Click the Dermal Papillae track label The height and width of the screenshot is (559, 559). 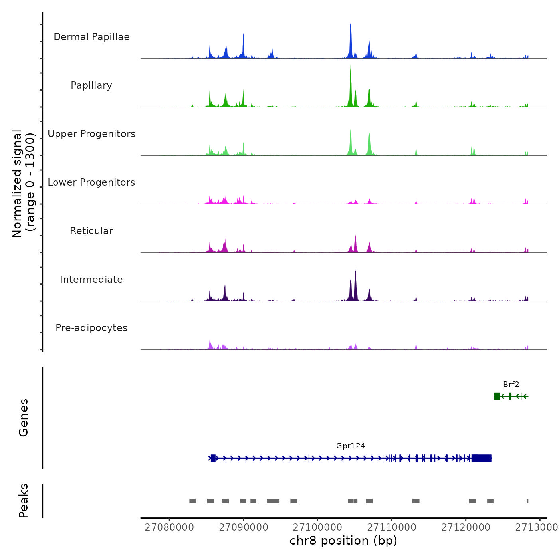91,37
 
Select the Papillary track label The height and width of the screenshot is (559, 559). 91,85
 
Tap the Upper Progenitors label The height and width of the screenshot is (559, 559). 91,134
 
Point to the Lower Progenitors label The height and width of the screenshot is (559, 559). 91,182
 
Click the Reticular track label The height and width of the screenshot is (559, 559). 91,231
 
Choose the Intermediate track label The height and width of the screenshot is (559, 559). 91,279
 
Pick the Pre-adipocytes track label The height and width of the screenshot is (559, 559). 91,328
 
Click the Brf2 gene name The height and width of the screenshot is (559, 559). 511,385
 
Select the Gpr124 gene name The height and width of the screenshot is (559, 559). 351,446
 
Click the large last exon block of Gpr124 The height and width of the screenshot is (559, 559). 481,458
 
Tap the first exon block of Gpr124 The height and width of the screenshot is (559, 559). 213,458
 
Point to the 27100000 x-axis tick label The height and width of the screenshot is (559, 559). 317,527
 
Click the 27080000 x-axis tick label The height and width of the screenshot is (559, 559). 169,527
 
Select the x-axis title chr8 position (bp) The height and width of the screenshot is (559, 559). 343,541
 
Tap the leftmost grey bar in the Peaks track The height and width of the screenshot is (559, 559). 192,501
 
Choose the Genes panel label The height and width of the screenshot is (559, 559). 23,418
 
